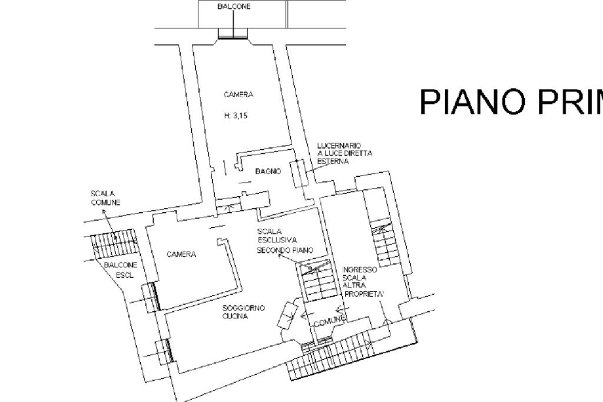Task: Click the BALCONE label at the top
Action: [234, 7]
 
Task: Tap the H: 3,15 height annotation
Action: [236, 116]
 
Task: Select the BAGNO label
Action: [268, 171]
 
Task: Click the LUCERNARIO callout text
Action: [344, 153]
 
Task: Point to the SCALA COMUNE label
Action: [105, 197]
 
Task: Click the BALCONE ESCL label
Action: [121, 270]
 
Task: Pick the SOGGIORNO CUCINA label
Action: [243, 312]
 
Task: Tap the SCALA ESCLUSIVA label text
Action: [277, 236]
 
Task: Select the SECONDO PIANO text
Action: [284, 251]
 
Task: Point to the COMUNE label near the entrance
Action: [328, 322]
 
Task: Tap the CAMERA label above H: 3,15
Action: [238, 94]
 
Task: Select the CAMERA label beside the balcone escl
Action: [181, 255]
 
